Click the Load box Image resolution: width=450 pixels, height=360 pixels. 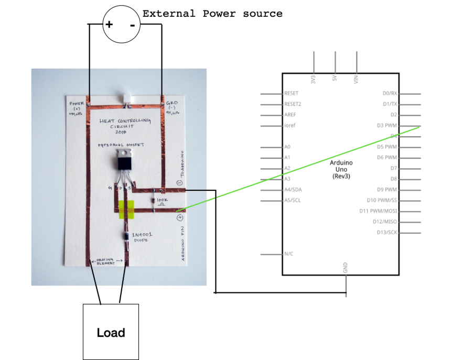point(111,332)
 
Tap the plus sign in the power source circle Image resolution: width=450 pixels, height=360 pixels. point(109,25)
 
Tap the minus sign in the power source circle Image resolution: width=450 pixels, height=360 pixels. point(132,25)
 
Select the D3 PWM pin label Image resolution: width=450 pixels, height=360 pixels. point(388,125)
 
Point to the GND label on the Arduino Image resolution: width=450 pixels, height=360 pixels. point(345,267)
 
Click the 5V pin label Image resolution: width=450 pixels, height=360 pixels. point(335,79)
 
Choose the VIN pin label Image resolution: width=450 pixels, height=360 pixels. point(357,79)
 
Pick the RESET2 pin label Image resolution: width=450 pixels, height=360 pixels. point(293,104)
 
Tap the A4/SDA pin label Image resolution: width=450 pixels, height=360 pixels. point(293,190)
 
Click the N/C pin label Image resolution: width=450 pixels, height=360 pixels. point(289,254)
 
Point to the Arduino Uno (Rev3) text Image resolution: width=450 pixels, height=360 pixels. point(341,170)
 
